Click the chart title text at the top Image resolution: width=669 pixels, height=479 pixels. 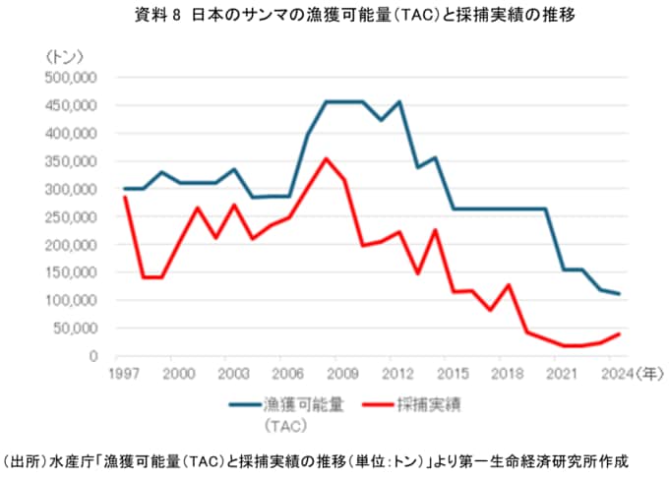(334, 15)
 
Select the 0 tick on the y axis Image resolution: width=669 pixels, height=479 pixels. (91, 356)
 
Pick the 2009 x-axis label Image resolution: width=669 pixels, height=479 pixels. (343, 374)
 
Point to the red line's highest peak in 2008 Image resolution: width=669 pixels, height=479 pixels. (327, 158)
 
